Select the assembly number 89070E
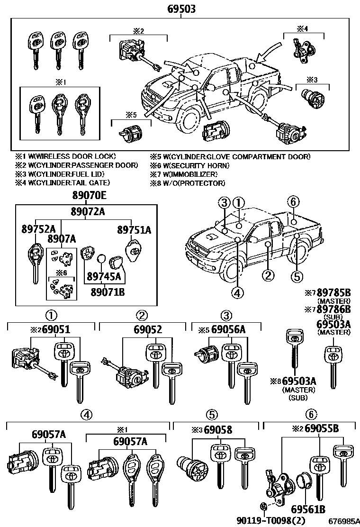point(90,196)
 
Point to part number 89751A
point(134,230)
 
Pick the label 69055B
point(322,429)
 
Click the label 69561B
point(308,510)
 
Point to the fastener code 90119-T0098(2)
point(272,520)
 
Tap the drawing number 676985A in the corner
point(342,520)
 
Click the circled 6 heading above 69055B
point(311,415)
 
